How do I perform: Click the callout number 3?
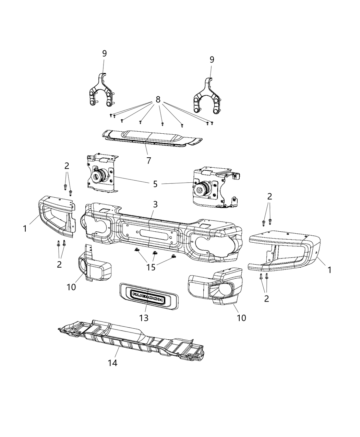click(x=155, y=205)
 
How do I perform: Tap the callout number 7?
click(x=148, y=160)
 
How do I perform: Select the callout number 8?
click(x=158, y=100)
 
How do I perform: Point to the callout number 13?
click(x=144, y=318)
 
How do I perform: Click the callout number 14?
click(x=112, y=363)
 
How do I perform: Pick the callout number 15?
click(x=151, y=267)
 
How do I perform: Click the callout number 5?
click(x=155, y=184)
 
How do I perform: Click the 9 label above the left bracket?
click(x=104, y=53)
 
